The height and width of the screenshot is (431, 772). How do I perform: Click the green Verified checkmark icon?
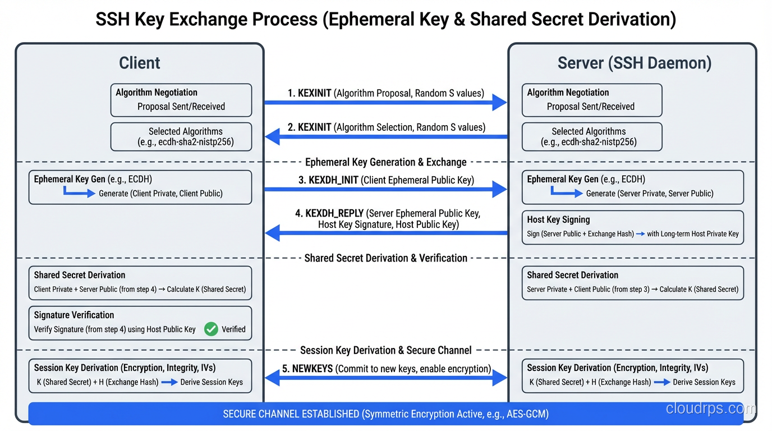[x=211, y=329]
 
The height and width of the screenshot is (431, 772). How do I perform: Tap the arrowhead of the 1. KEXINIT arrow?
[x=499, y=102]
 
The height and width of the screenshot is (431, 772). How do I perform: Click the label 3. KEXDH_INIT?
[x=328, y=180]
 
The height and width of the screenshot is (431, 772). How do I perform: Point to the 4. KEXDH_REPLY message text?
[x=388, y=219]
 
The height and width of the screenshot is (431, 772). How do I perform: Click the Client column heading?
[x=140, y=63]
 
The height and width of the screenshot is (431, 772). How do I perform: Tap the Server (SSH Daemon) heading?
[x=634, y=63]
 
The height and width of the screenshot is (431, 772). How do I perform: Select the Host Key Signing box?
[x=632, y=227]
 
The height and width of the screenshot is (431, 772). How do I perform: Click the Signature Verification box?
[x=140, y=323]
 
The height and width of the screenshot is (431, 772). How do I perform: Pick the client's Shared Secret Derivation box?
[x=140, y=283]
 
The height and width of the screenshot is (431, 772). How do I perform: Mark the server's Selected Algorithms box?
[x=591, y=136]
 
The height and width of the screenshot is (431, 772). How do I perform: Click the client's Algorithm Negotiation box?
[x=181, y=100]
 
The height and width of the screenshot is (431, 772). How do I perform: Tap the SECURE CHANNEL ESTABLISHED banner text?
[x=385, y=414]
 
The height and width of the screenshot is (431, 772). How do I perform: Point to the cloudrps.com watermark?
[x=710, y=409]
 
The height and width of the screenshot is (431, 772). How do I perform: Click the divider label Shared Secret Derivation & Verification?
[x=385, y=258]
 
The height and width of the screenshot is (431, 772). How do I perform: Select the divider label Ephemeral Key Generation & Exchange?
[x=385, y=162]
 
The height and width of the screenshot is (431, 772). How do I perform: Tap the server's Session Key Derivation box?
[x=632, y=375]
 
